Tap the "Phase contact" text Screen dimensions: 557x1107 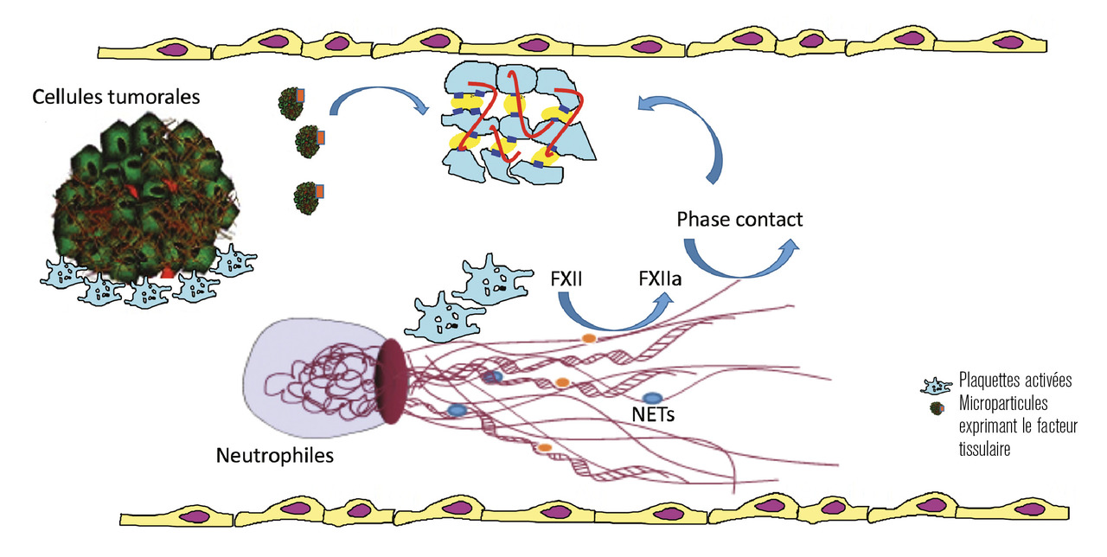coord(739,220)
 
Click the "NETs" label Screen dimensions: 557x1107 coord(652,414)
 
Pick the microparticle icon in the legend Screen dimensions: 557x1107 coord(936,408)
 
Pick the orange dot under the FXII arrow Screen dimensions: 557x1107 coord(588,338)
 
